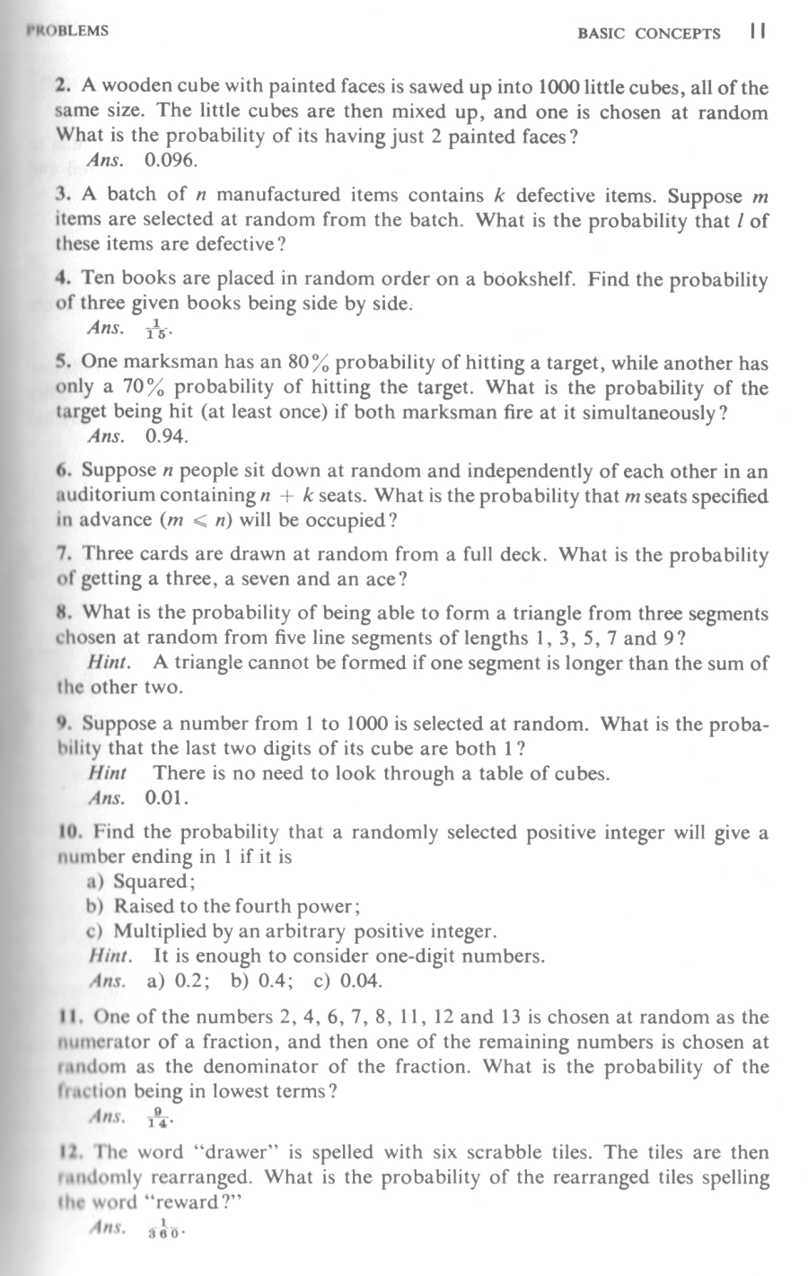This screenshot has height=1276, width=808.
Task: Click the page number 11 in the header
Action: click(756, 32)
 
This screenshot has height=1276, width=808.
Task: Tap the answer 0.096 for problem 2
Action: click(171, 162)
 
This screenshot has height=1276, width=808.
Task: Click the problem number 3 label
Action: click(62, 195)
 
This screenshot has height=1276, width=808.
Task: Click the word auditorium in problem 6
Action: click(108, 496)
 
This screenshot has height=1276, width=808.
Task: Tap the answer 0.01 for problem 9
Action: click(167, 796)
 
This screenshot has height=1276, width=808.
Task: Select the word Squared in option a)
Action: click(153, 881)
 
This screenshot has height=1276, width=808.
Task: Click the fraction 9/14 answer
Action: click(159, 1118)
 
